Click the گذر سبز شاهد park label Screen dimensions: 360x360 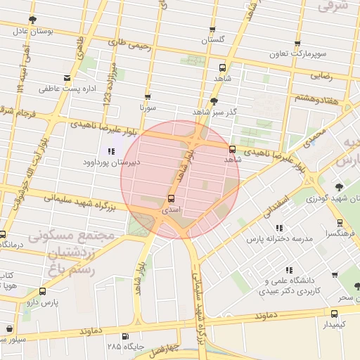click(214, 112)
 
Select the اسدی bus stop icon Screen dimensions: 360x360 click(171, 199)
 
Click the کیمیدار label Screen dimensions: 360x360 click(334, 324)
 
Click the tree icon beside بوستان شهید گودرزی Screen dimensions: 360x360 click(340, 187)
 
